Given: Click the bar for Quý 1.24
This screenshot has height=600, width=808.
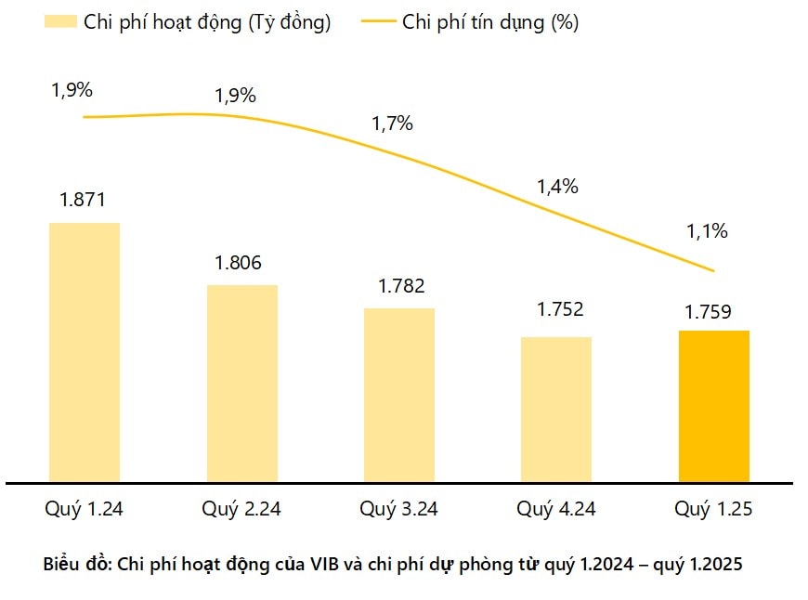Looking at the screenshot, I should (85, 352).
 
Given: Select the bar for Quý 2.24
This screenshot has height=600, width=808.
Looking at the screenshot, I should (241, 383).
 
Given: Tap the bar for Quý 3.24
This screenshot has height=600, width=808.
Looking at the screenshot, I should (399, 395).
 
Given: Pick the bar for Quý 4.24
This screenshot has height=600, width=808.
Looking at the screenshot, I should (556, 409).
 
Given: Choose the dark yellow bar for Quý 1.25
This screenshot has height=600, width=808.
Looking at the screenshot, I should (714, 406).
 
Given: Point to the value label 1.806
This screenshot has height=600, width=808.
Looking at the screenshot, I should (240, 263).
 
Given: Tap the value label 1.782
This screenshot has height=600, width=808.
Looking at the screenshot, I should (400, 286).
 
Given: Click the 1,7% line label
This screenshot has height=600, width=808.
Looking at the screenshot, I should (392, 124).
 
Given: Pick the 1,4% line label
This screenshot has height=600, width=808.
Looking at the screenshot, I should (557, 186).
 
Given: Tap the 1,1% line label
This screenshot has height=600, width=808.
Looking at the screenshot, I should (707, 231).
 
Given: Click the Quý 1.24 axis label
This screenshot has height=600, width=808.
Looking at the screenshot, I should (84, 509).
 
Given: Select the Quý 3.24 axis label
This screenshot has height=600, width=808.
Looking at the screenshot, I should (399, 509).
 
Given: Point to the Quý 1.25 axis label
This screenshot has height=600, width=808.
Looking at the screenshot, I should (713, 509).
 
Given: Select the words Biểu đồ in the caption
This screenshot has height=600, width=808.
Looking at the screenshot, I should (77, 564).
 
